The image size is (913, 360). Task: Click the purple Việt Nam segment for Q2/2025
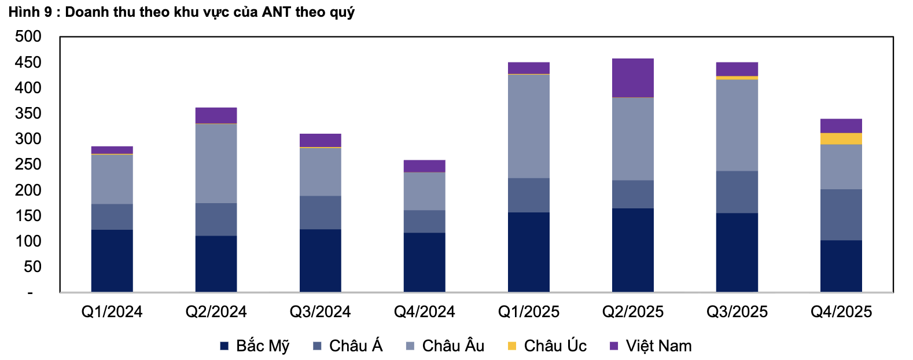[632, 78]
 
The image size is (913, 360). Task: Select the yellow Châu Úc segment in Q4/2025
[841, 139]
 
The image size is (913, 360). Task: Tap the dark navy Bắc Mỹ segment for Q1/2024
[112, 260]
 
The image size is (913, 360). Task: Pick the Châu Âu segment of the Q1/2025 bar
[528, 126]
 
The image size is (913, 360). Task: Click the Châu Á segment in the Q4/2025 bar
[841, 215]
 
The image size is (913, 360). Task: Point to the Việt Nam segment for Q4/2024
[424, 166]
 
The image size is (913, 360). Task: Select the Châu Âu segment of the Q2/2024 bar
[216, 163]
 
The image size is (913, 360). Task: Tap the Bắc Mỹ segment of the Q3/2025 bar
[737, 252]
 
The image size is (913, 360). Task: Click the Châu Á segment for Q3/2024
[320, 212]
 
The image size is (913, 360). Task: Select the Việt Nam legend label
[658, 346]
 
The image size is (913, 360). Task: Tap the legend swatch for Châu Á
[317, 346]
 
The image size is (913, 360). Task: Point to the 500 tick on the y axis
[28, 36]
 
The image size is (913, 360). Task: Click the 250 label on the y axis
[28, 164]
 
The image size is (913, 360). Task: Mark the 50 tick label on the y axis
[32, 267]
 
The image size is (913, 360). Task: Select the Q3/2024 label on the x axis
[320, 312]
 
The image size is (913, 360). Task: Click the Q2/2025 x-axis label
[632, 312]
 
